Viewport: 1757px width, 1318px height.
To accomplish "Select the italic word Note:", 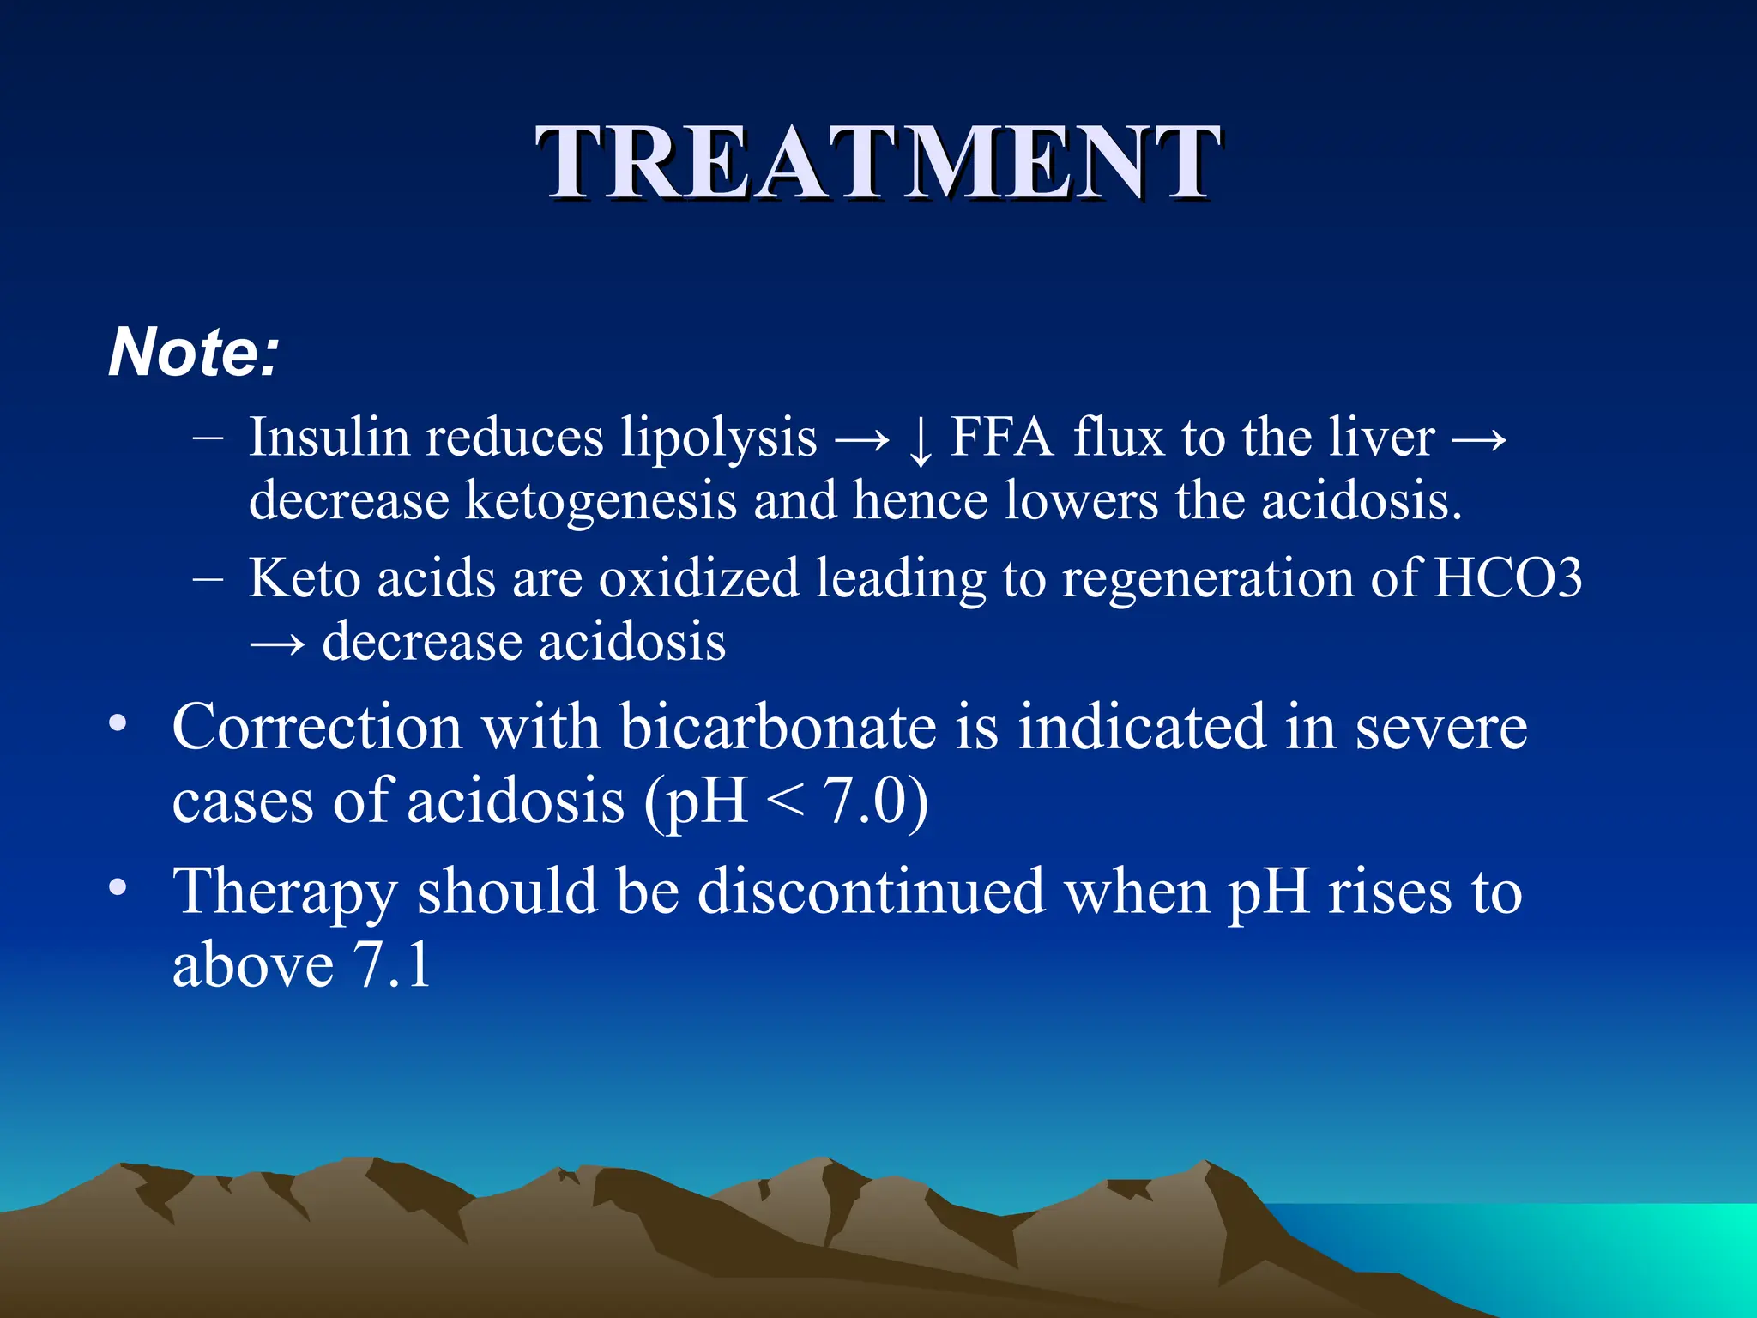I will tap(194, 352).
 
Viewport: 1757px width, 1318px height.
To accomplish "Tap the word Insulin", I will tap(329, 437).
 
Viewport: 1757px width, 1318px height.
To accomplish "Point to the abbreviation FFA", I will tap(1001, 437).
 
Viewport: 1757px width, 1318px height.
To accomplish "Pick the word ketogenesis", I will tap(601, 500).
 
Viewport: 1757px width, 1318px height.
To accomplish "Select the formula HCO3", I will tap(1508, 577).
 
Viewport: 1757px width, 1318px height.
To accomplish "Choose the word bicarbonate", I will tap(778, 727).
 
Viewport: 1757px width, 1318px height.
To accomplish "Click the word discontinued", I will tap(871, 891).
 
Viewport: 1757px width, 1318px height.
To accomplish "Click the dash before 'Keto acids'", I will tap(208, 579).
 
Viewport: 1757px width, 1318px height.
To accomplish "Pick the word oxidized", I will tap(698, 577).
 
